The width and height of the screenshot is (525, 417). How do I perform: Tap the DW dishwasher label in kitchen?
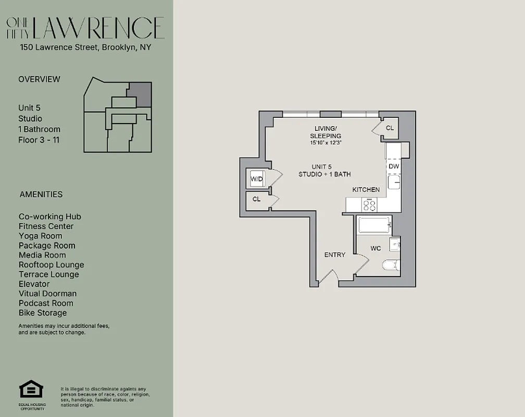coord(394,166)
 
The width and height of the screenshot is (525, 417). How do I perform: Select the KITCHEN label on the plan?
coord(366,190)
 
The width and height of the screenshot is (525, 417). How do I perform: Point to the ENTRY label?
coord(335,255)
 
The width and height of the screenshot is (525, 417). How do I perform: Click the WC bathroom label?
coord(376,248)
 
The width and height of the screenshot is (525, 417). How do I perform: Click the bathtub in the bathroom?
coord(374,226)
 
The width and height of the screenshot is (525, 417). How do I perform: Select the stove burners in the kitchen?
coord(369,205)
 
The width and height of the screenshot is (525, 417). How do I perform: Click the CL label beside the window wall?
coord(390,128)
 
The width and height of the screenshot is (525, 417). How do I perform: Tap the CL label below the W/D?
coord(257,199)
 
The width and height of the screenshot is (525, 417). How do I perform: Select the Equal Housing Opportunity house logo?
coord(31,389)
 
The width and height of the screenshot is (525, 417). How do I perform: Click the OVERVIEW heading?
coord(39,79)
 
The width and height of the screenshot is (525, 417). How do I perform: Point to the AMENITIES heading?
coord(41,194)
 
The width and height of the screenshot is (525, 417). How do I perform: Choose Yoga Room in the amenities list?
coord(40,236)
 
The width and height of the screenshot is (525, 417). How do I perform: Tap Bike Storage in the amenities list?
coord(43,313)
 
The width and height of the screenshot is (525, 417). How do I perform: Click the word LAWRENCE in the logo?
coord(98,28)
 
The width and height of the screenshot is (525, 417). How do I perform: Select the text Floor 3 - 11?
coord(39,140)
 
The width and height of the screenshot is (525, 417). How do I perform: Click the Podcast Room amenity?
coord(46,303)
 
